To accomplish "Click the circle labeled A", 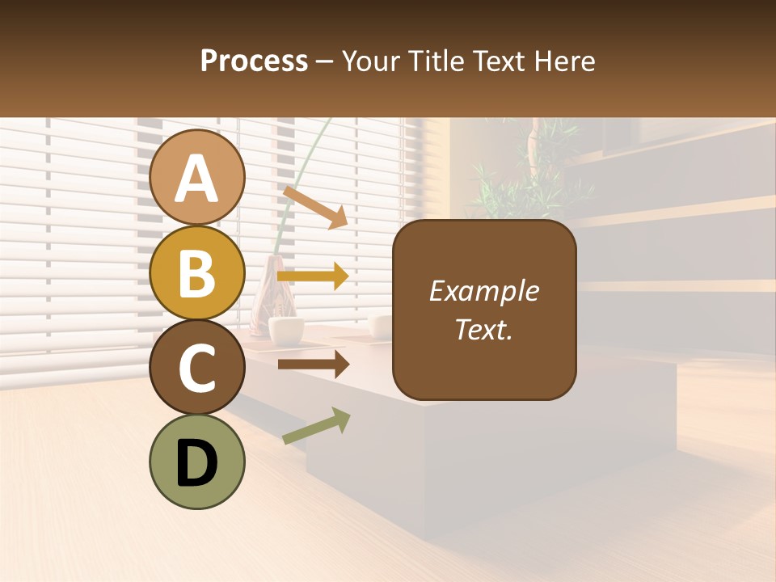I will (x=197, y=177).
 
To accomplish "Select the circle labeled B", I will (x=197, y=272).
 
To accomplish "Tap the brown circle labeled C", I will (x=197, y=367).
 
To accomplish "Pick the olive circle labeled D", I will (x=197, y=462).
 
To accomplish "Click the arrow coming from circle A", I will (x=315, y=207).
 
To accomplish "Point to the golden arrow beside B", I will (x=313, y=276).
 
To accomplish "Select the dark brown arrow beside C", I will (x=313, y=365).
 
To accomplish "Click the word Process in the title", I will (x=254, y=61).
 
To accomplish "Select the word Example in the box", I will (x=483, y=291).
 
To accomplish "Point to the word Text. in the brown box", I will (x=483, y=329).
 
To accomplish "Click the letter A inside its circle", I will (x=197, y=179).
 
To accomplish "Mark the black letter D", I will (x=197, y=463).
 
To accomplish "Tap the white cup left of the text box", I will (x=286, y=328).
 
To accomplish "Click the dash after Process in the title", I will (x=324, y=61).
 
